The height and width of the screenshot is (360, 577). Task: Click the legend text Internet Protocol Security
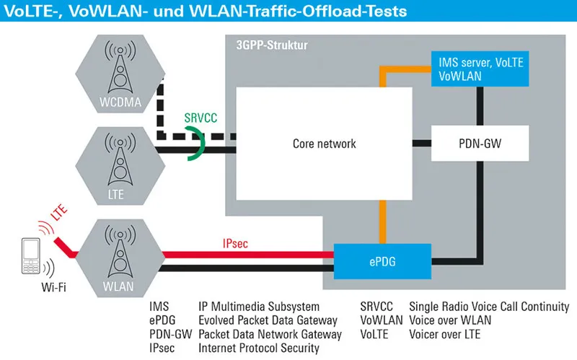258,348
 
